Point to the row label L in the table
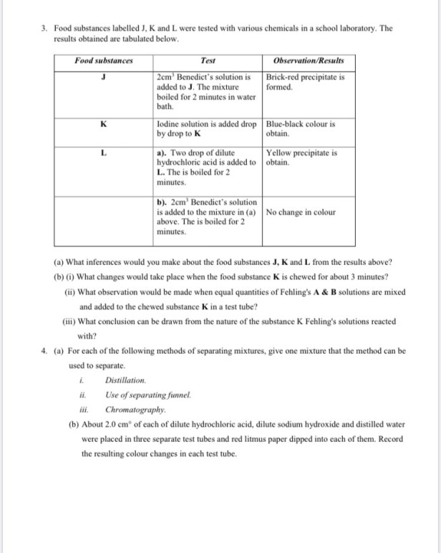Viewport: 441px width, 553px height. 104,152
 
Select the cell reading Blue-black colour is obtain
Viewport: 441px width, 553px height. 301,128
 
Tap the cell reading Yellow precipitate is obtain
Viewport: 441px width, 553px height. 301,157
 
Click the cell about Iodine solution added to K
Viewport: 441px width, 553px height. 206,128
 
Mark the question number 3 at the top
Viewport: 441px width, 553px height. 44,28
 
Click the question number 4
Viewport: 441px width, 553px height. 44,351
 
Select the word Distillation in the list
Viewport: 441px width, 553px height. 125,380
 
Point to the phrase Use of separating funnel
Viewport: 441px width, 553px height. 148,395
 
